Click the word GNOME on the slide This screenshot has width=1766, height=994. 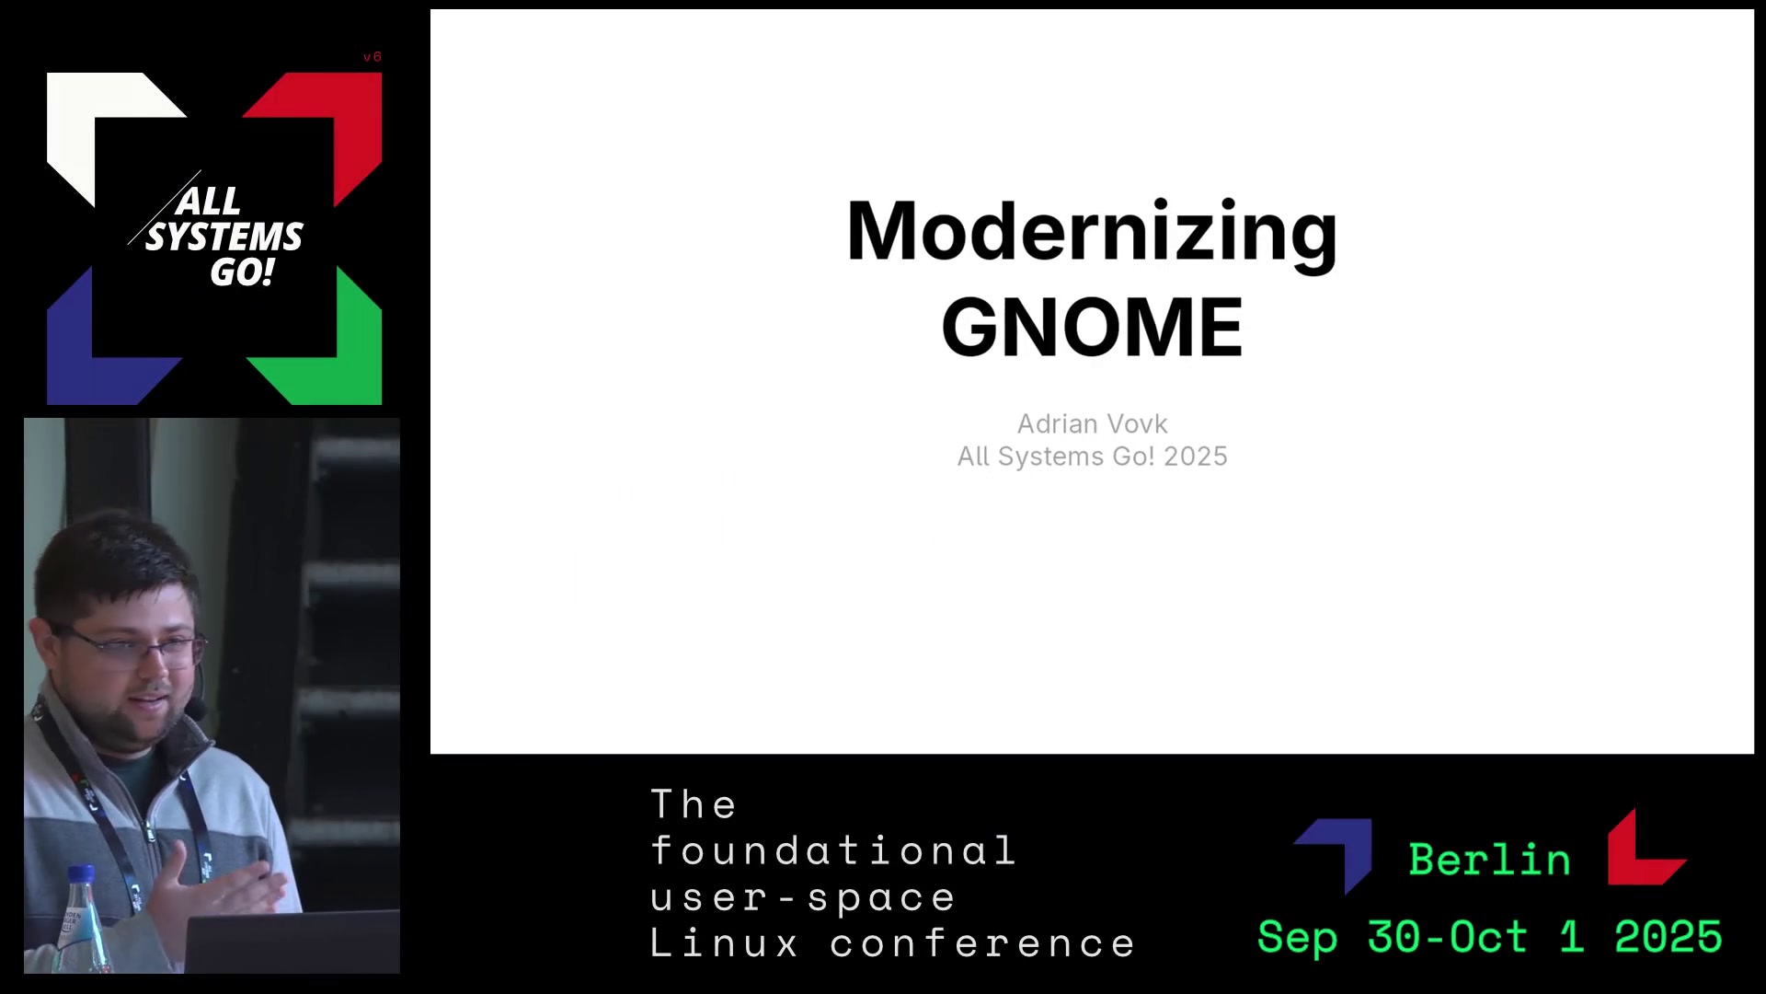[1092, 327]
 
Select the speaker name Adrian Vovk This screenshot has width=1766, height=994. [1092, 423]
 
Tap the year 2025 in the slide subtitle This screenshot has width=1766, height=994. [1195, 457]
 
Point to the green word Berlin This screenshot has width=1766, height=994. [1489, 860]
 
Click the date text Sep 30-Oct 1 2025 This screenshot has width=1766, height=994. [1490, 937]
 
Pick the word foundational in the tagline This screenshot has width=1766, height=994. [833, 850]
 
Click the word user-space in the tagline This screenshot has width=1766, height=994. [803, 897]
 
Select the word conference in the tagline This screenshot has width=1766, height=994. [983, 943]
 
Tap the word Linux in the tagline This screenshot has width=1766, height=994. [725, 943]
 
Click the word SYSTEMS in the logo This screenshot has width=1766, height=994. [224, 237]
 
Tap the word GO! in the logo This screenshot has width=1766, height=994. [242, 272]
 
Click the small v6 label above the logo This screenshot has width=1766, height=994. [372, 57]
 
